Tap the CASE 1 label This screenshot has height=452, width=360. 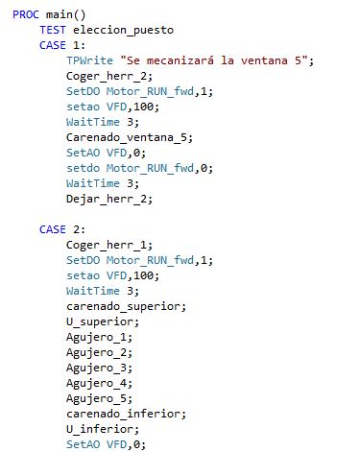(60, 44)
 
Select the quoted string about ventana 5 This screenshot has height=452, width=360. (218, 60)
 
